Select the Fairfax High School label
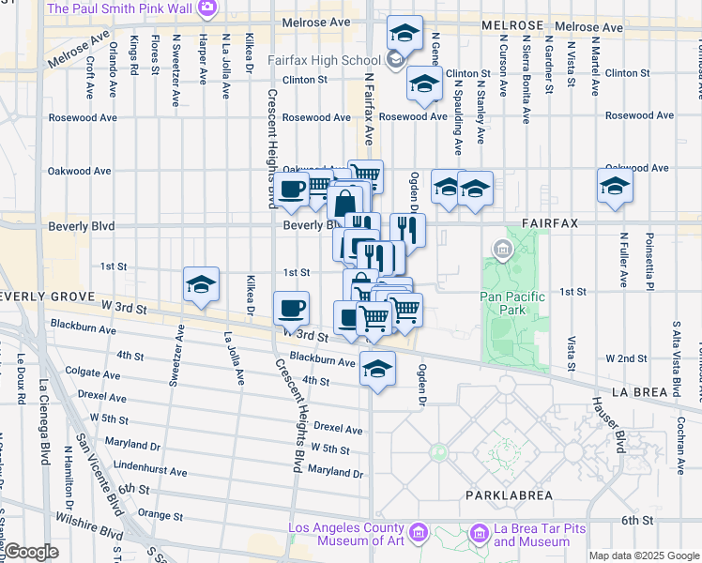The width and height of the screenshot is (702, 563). pos(324,60)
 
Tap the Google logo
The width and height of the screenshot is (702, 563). pos(30,552)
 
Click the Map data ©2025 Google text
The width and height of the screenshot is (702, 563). pos(644,555)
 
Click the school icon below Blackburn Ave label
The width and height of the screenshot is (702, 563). pos(377,368)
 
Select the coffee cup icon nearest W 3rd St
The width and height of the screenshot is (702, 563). pos(291,308)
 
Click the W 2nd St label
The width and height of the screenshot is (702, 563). pos(627,358)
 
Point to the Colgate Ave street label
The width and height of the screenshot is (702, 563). pos(94,372)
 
